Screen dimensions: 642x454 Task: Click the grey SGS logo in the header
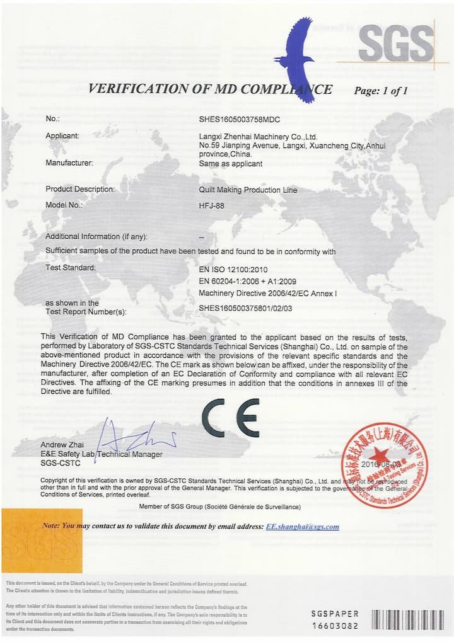[x=395, y=45]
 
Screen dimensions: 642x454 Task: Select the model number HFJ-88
[x=211, y=205]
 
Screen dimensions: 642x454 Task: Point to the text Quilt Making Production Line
[x=247, y=190]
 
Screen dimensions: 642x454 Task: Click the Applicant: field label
[x=62, y=135]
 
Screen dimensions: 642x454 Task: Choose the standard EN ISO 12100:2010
[x=233, y=269]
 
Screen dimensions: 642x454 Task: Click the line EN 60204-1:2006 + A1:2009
[x=247, y=281]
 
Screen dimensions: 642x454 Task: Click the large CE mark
[x=231, y=418]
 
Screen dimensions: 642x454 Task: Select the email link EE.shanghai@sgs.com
[x=303, y=527]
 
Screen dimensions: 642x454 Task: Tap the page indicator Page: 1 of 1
[x=381, y=91]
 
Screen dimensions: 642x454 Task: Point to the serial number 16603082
[x=335, y=626]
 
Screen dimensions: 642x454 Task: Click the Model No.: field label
[x=64, y=205]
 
